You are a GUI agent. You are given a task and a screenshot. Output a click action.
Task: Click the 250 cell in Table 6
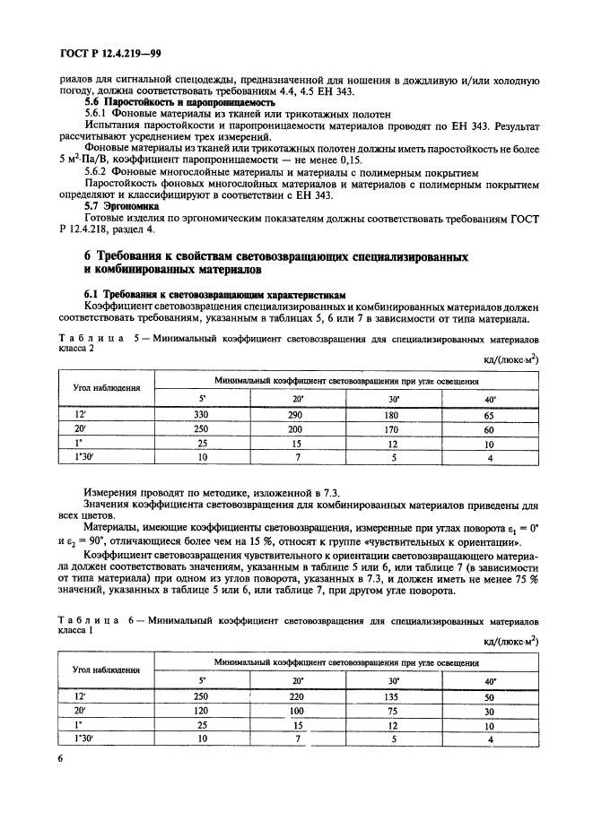(202, 695)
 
